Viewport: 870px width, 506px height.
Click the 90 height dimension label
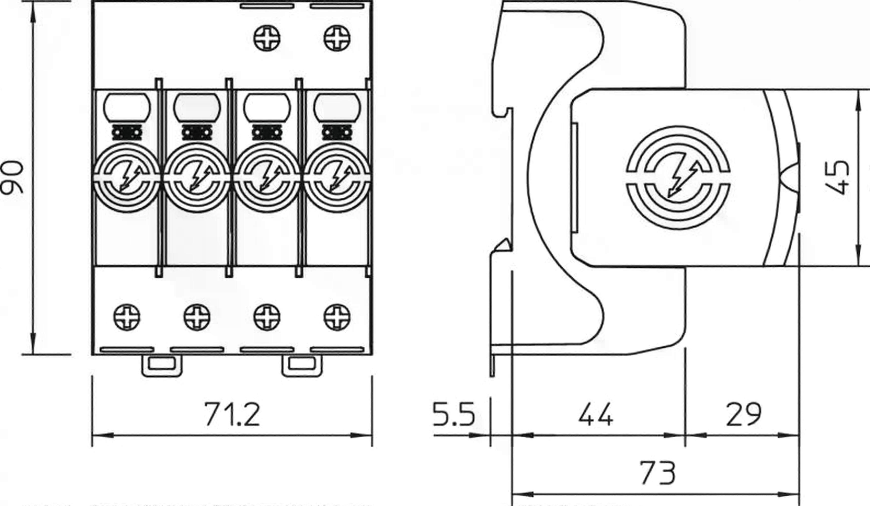[x=12, y=177]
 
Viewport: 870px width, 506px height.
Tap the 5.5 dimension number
[x=454, y=414]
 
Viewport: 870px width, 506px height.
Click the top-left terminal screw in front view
[x=267, y=38]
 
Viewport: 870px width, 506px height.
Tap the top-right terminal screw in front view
[x=337, y=38]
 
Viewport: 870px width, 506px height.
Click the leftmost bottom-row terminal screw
[x=127, y=317]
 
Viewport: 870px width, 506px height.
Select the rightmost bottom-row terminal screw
[x=337, y=317]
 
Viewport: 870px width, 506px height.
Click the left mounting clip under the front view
[x=162, y=365]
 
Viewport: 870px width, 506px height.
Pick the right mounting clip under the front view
[x=302, y=365]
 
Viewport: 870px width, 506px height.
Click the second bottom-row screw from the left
[x=197, y=317]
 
